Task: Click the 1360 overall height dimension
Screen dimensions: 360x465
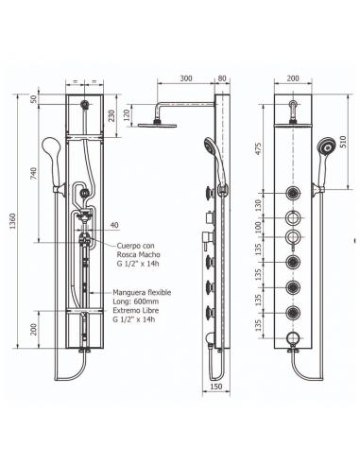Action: pos(13,220)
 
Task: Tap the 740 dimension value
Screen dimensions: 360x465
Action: pos(33,173)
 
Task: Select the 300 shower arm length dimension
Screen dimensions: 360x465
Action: pos(186,78)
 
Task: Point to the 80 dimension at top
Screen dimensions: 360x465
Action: pos(222,78)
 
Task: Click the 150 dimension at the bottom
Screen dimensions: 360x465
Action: pos(215,387)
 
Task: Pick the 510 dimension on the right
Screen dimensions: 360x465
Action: pos(343,142)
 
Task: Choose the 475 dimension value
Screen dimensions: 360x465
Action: pos(259,148)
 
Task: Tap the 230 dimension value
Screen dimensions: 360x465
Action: pos(111,116)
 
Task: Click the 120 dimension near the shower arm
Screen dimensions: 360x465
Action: pos(127,115)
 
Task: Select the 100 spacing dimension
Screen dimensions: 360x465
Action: pos(259,227)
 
